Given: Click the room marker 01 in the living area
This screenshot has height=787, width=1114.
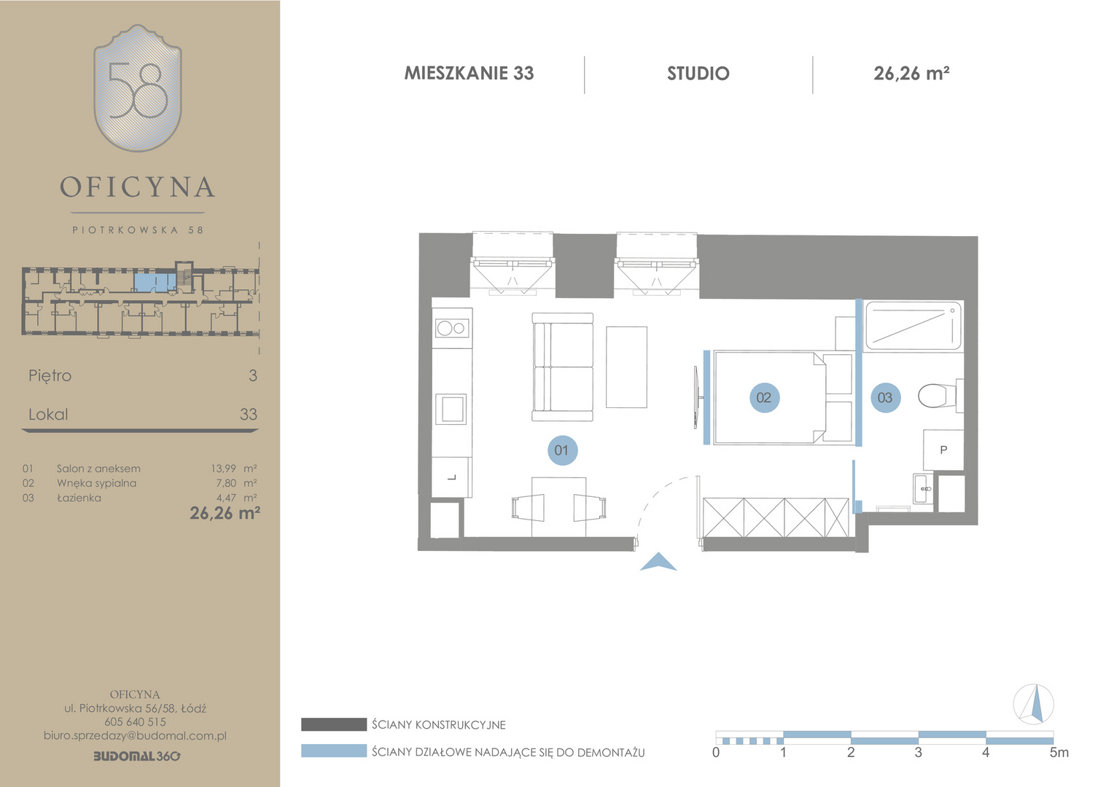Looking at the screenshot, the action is (x=562, y=450).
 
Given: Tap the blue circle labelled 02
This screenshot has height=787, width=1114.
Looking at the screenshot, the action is (x=764, y=398).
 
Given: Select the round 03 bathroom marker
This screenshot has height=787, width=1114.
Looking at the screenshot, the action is (x=885, y=398).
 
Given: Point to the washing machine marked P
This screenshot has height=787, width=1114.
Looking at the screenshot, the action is (x=943, y=450).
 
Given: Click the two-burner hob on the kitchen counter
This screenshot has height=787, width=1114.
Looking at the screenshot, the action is (x=452, y=328).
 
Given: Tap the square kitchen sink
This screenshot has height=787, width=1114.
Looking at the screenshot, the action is (x=451, y=409).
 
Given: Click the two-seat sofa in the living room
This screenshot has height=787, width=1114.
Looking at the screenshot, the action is (x=563, y=367).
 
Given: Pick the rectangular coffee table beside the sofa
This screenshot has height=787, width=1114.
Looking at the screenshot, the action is (x=626, y=367).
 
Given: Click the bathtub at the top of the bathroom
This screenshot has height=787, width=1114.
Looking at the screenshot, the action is (x=914, y=326).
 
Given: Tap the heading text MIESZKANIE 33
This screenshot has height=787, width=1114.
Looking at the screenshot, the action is (x=469, y=73).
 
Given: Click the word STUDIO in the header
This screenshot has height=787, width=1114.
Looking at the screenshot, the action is (x=698, y=74).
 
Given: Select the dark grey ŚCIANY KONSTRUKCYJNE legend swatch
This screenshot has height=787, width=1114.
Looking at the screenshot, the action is (x=334, y=724).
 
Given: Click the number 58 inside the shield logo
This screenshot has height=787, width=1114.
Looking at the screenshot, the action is (x=138, y=90).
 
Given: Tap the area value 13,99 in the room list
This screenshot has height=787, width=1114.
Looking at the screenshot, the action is (x=223, y=469).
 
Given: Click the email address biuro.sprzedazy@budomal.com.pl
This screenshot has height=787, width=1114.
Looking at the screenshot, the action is (x=136, y=735).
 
